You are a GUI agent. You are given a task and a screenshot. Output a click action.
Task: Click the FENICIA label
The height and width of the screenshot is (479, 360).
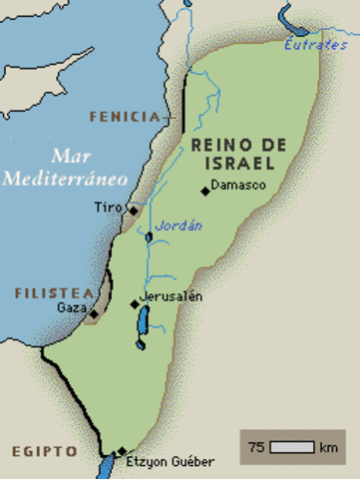pos(123,117)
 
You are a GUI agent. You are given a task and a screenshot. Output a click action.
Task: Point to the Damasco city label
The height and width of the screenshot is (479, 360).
pos(238,189)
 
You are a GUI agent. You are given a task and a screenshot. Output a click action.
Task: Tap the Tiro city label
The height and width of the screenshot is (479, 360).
pos(108,208)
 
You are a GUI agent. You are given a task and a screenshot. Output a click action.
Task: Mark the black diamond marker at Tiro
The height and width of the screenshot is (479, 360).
pos(133,212)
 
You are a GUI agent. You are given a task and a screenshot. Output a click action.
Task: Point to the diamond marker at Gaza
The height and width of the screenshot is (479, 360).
pos(94,313)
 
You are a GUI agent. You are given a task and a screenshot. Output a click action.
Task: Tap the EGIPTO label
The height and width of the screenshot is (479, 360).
pos(45,451)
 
